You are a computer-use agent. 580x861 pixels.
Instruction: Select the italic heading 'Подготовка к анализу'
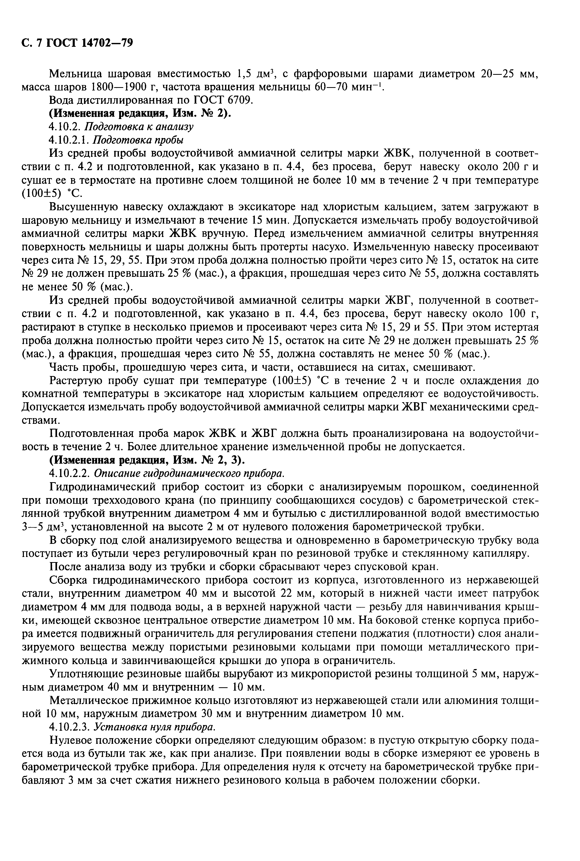click(139, 126)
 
